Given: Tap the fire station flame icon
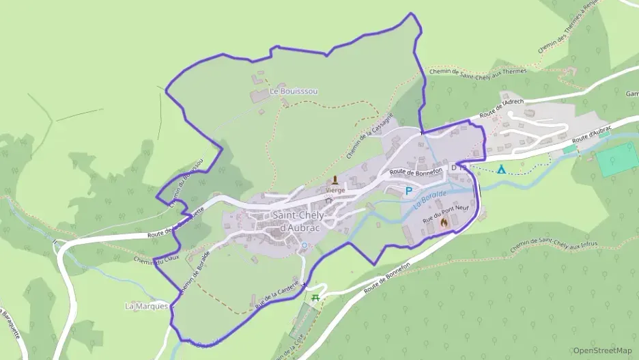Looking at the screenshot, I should [444, 222].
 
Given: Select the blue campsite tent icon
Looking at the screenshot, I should [502, 169].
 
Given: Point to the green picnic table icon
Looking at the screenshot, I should [315, 298].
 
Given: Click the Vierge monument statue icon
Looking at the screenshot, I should [335, 182].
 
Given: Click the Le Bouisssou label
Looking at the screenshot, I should [294, 91].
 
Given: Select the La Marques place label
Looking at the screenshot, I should [146, 306].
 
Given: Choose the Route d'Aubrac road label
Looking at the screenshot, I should [591, 135].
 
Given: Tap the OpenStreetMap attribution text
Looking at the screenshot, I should [601, 350].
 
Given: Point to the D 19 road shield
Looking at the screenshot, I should [458, 167].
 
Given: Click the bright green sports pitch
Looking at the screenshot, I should [616, 159].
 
